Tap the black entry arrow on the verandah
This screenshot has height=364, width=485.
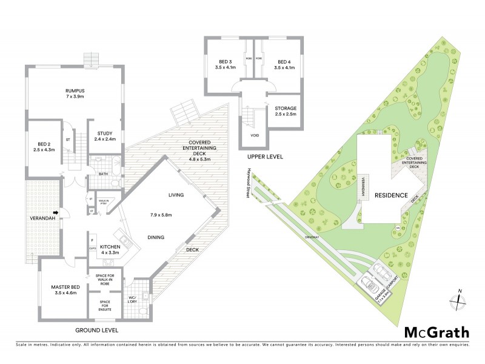(56, 212)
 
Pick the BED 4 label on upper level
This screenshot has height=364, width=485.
(284, 61)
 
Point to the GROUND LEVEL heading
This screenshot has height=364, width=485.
(97, 331)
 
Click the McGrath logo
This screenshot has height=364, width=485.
(436, 332)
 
